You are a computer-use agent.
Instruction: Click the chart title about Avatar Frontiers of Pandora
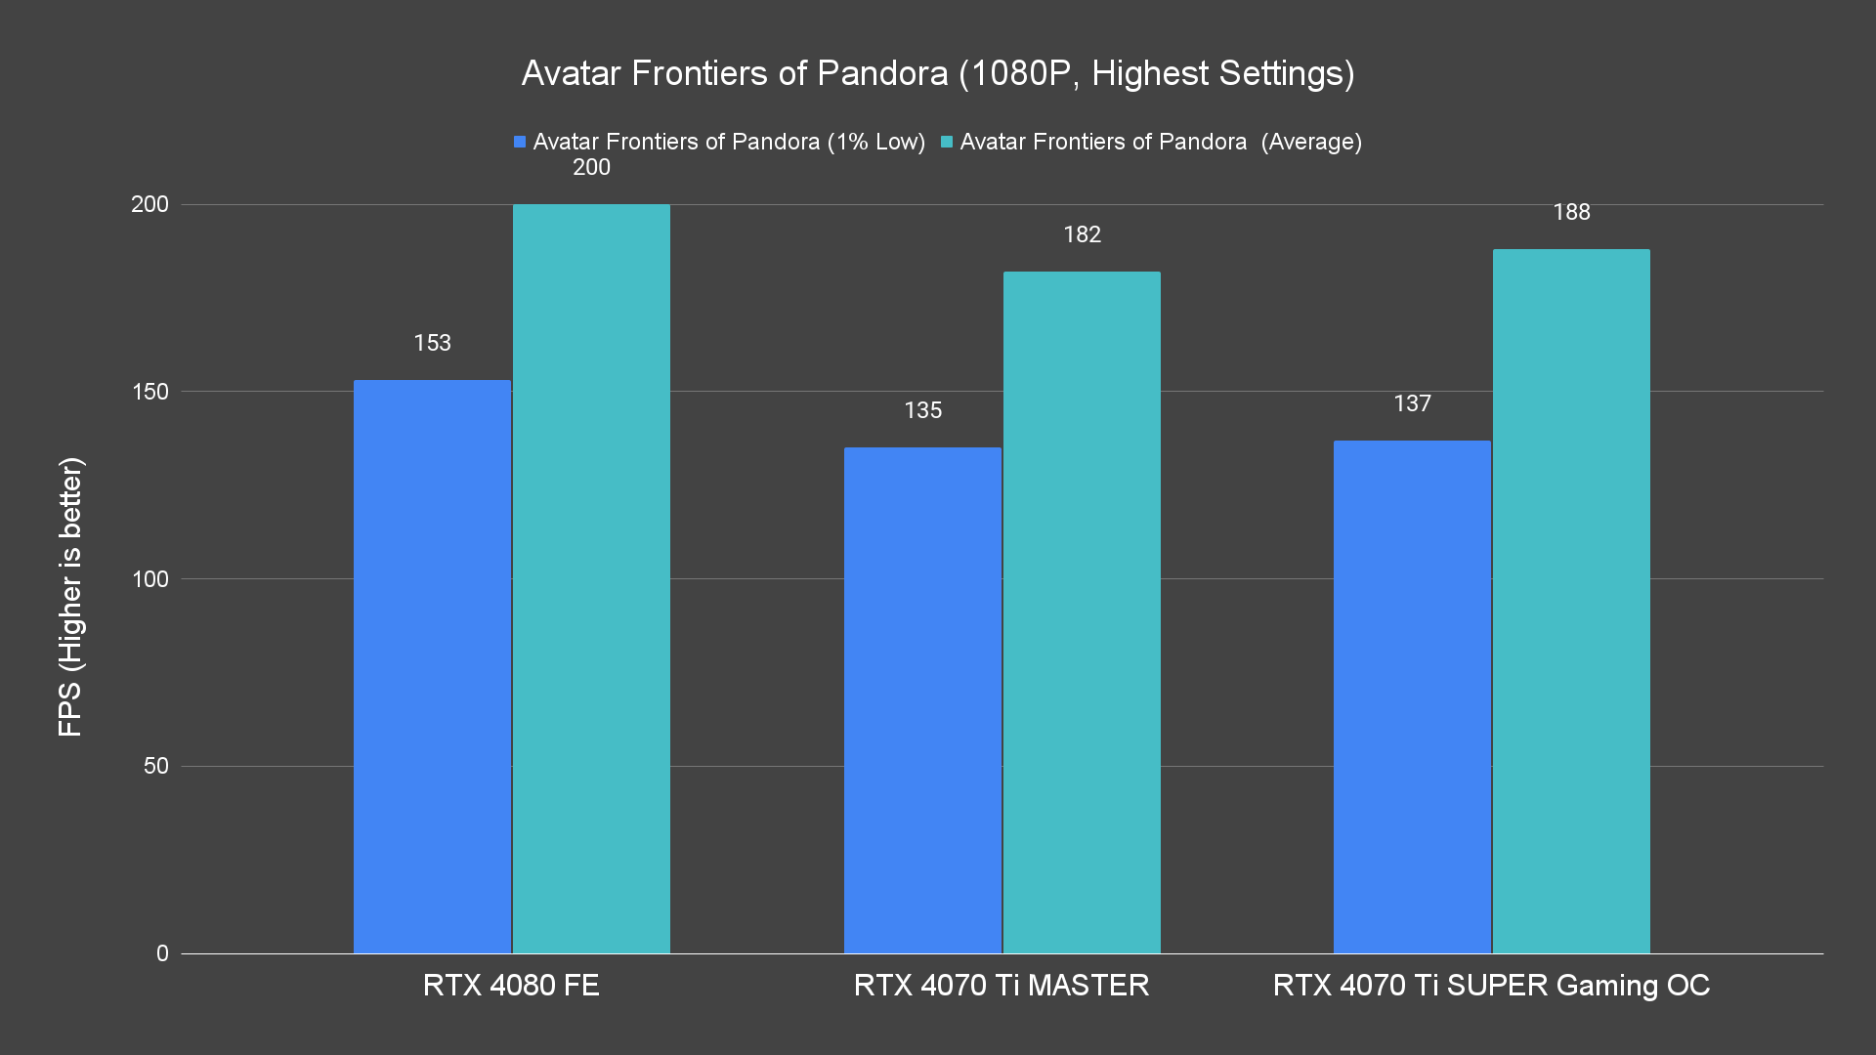coord(937,73)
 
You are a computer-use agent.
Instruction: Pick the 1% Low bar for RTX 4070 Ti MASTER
coord(922,699)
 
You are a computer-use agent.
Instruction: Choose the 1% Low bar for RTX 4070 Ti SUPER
coord(1412,696)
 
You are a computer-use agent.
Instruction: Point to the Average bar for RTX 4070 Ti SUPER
coord(1571,601)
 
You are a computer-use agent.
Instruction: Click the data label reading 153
coord(432,343)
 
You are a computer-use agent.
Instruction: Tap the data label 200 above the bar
coord(591,168)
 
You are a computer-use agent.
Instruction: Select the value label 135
coord(922,410)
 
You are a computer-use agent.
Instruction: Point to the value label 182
coord(1082,234)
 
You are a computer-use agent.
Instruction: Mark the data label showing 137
coord(1412,403)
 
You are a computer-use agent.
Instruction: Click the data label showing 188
coord(1571,212)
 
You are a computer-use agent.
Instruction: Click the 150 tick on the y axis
coord(149,392)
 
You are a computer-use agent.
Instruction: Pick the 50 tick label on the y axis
coord(156,766)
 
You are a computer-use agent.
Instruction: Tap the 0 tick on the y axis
coord(162,953)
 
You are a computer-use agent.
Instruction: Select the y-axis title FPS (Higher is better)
coord(70,596)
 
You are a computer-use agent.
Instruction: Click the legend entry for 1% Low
coord(719,142)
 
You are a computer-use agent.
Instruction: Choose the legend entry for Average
coord(1151,142)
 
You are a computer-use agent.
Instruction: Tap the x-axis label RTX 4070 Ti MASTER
coord(1002,985)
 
